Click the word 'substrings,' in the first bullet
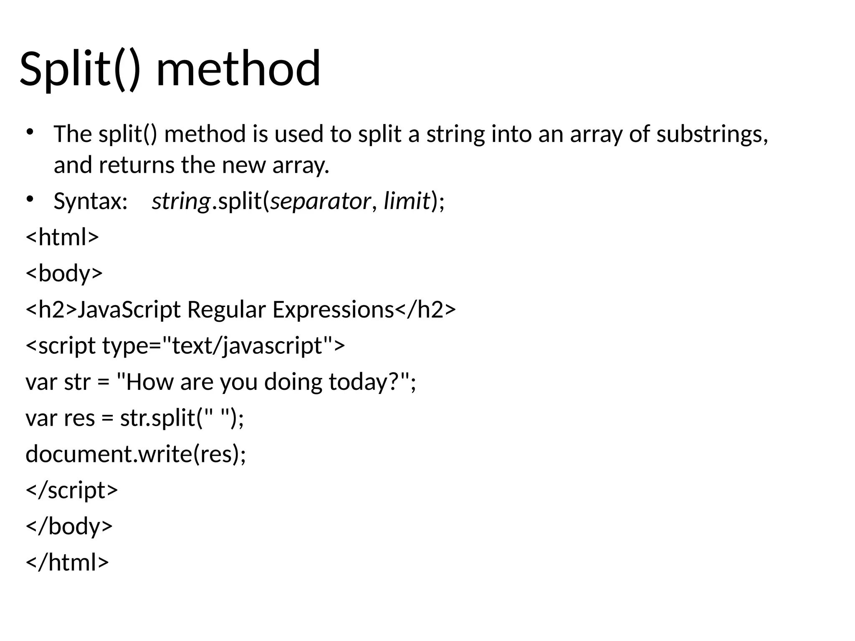(712, 134)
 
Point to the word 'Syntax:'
(90, 201)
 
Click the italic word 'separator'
(320, 201)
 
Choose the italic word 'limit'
(407, 201)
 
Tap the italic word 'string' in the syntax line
(181, 201)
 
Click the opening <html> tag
(62, 237)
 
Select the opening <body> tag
(64, 273)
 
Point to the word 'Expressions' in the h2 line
(333, 310)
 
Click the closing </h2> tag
(425, 310)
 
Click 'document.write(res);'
(136, 454)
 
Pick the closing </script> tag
(72, 490)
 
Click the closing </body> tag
(69, 526)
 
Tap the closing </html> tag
(67, 562)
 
